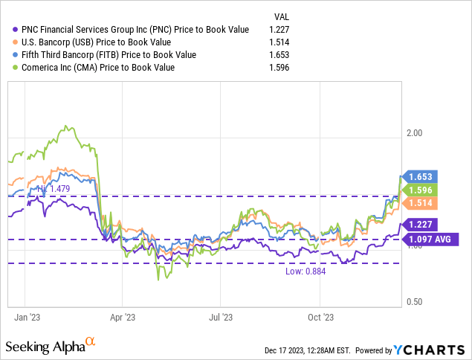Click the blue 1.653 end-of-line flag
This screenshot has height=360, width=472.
420,177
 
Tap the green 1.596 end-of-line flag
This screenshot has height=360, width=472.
420,190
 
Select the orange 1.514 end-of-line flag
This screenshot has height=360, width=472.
420,202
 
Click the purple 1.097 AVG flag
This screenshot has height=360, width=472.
430,239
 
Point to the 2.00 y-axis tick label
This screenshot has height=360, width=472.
413,133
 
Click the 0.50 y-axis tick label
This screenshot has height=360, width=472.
413,301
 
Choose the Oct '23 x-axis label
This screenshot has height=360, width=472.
320,316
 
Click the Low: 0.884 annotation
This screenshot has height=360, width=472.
305,271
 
